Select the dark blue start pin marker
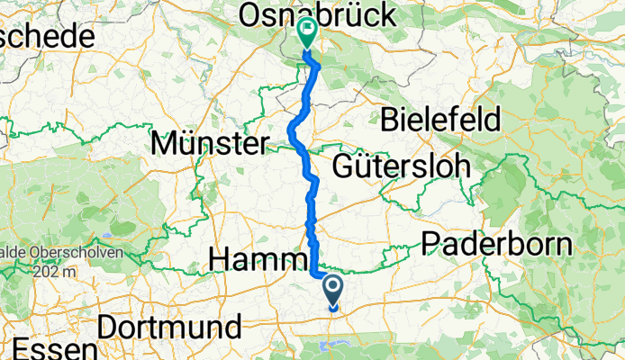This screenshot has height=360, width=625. pos(332,290)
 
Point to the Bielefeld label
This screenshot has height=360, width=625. pos(439,118)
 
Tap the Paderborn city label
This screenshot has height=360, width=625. pos(496,244)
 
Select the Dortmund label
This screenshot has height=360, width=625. pos(170,326)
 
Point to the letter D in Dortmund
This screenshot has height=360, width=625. pos(107,326)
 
